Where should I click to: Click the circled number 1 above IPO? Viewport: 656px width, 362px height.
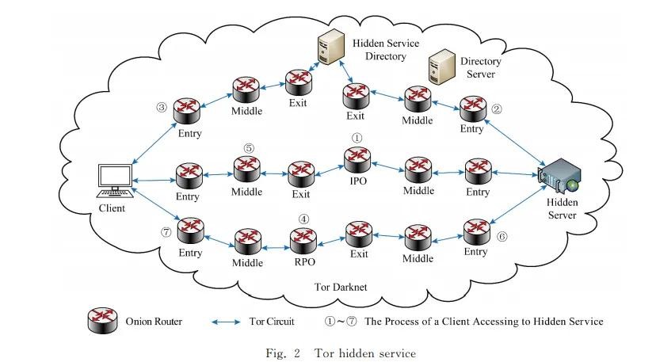(357, 137)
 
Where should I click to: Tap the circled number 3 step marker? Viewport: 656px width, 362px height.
(162, 107)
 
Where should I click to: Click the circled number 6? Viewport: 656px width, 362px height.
(502, 236)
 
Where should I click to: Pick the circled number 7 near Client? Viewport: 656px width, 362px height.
(166, 232)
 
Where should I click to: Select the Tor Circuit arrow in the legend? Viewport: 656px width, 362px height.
(228, 322)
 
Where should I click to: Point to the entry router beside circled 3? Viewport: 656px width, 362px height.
(189, 110)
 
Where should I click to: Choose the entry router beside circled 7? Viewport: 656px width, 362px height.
(190, 231)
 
